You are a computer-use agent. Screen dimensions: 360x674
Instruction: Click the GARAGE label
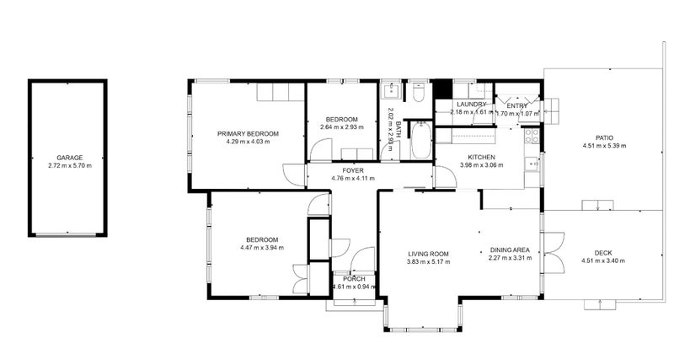click(69, 158)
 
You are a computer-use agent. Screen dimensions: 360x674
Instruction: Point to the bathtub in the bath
click(420, 141)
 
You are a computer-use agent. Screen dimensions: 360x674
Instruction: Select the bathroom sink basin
click(393, 91)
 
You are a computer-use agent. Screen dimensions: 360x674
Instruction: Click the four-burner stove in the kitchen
click(531, 137)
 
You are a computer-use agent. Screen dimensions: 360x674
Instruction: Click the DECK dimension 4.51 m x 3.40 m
click(604, 260)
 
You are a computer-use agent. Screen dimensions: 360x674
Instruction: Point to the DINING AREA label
click(509, 250)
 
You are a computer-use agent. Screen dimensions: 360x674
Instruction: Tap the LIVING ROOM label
click(428, 254)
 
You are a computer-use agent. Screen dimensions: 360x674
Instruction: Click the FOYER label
click(340, 170)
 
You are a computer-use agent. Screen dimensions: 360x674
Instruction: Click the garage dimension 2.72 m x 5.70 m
click(69, 166)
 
